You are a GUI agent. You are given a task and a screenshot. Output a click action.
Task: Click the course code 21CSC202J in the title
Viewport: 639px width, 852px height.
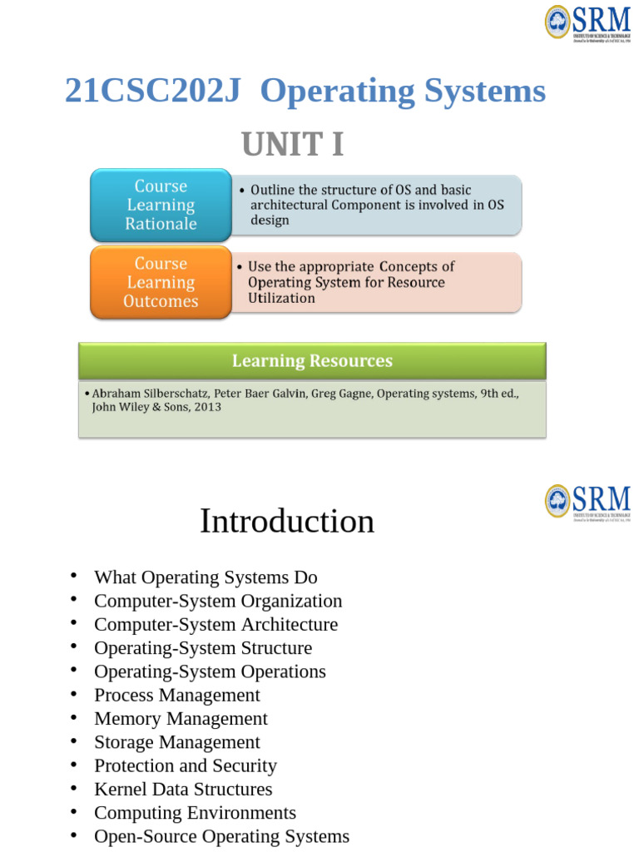point(152,92)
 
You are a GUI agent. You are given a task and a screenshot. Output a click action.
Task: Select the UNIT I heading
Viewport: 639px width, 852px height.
point(292,145)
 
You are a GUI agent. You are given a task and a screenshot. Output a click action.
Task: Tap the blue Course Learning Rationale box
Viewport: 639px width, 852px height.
point(161,205)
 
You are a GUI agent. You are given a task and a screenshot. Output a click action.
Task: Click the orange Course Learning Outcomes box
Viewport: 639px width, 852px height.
point(161,282)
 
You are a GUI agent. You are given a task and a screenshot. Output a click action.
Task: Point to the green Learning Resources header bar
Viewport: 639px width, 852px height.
point(312,361)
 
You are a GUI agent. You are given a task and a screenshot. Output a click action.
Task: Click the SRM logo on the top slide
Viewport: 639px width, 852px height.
point(587,22)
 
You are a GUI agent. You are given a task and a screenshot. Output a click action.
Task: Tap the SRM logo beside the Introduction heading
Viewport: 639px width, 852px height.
point(587,502)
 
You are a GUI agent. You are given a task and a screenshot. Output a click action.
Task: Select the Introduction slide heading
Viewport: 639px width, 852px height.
point(287,522)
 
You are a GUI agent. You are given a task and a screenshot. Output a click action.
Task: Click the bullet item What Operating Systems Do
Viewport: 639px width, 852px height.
point(206,577)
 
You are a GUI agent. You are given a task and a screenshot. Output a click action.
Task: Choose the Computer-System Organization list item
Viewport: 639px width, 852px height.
point(218,601)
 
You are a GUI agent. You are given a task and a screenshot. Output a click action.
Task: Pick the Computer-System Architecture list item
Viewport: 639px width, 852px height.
point(215,624)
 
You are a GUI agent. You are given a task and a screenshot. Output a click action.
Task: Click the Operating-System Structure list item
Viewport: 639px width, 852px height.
point(203,648)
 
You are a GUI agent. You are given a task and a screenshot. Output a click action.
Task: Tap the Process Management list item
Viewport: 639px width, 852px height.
point(177,695)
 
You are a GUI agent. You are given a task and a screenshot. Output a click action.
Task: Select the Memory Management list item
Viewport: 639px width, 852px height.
point(181,718)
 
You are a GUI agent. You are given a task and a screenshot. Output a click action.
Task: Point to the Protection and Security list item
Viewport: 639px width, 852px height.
point(185,765)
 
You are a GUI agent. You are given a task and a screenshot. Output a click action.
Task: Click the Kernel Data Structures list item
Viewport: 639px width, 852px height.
point(183,789)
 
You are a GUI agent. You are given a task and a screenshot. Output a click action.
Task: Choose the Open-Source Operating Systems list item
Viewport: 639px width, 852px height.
point(221,836)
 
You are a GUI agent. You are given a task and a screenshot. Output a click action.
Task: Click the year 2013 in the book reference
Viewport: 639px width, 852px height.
point(207,408)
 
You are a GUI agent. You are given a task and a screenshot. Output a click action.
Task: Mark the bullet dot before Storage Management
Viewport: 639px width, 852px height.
point(73,741)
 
